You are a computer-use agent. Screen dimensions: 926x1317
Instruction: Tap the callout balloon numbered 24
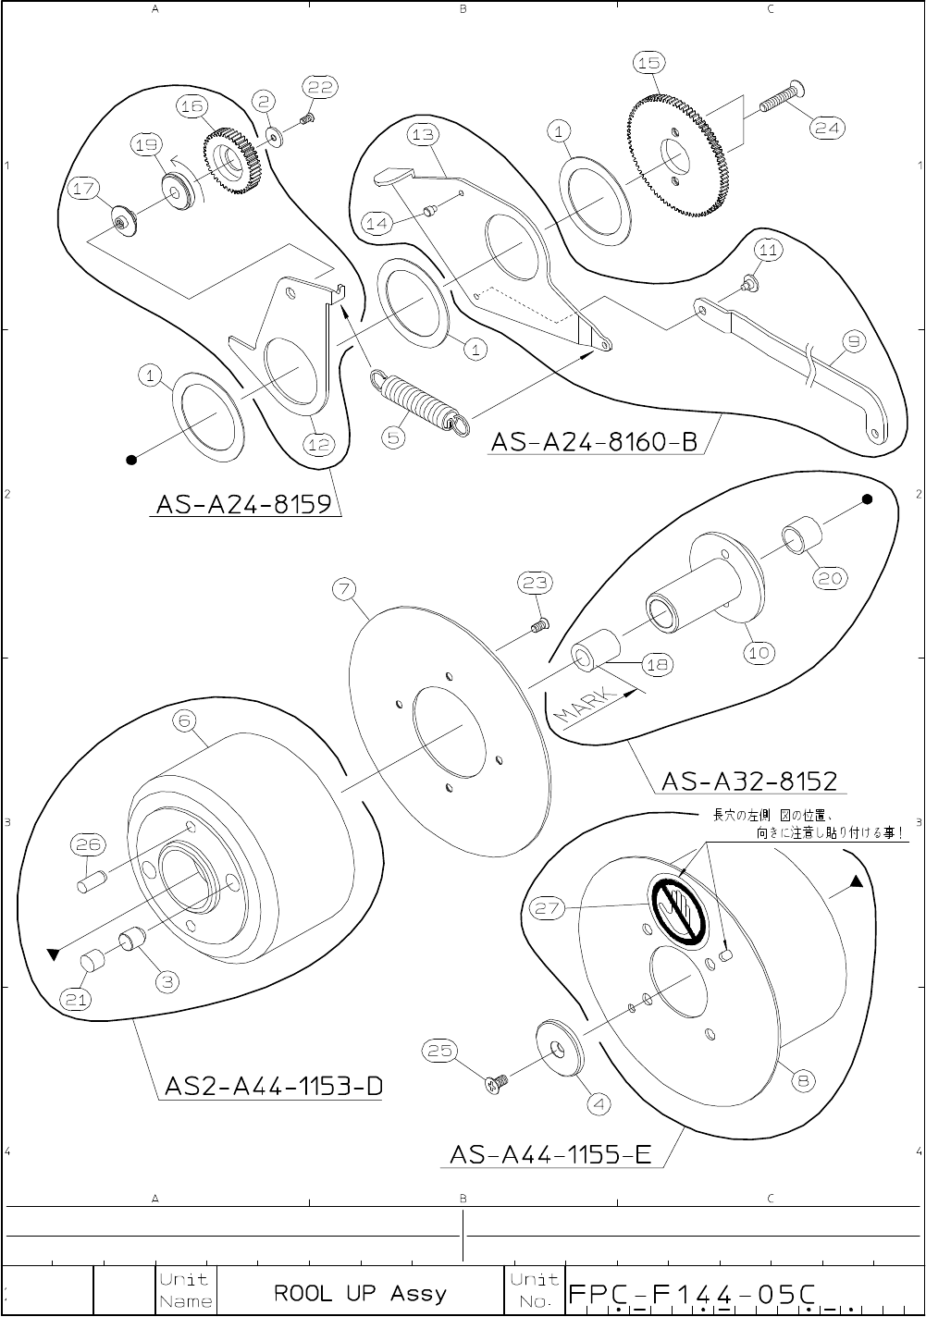tap(826, 129)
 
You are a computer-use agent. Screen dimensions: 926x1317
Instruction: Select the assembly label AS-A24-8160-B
tap(594, 442)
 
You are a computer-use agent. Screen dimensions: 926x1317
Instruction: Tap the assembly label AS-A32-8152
tap(749, 782)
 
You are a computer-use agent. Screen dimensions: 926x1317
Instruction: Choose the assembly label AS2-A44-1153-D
tap(273, 1085)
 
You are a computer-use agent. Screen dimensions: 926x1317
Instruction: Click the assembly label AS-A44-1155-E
tap(551, 1154)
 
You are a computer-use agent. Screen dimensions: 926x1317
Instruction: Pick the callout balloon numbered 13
tap(422, 135)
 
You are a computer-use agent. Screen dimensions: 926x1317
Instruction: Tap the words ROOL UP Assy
tap(360, 1292)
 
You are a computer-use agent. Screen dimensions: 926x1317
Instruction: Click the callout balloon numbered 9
tap(853, 343)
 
